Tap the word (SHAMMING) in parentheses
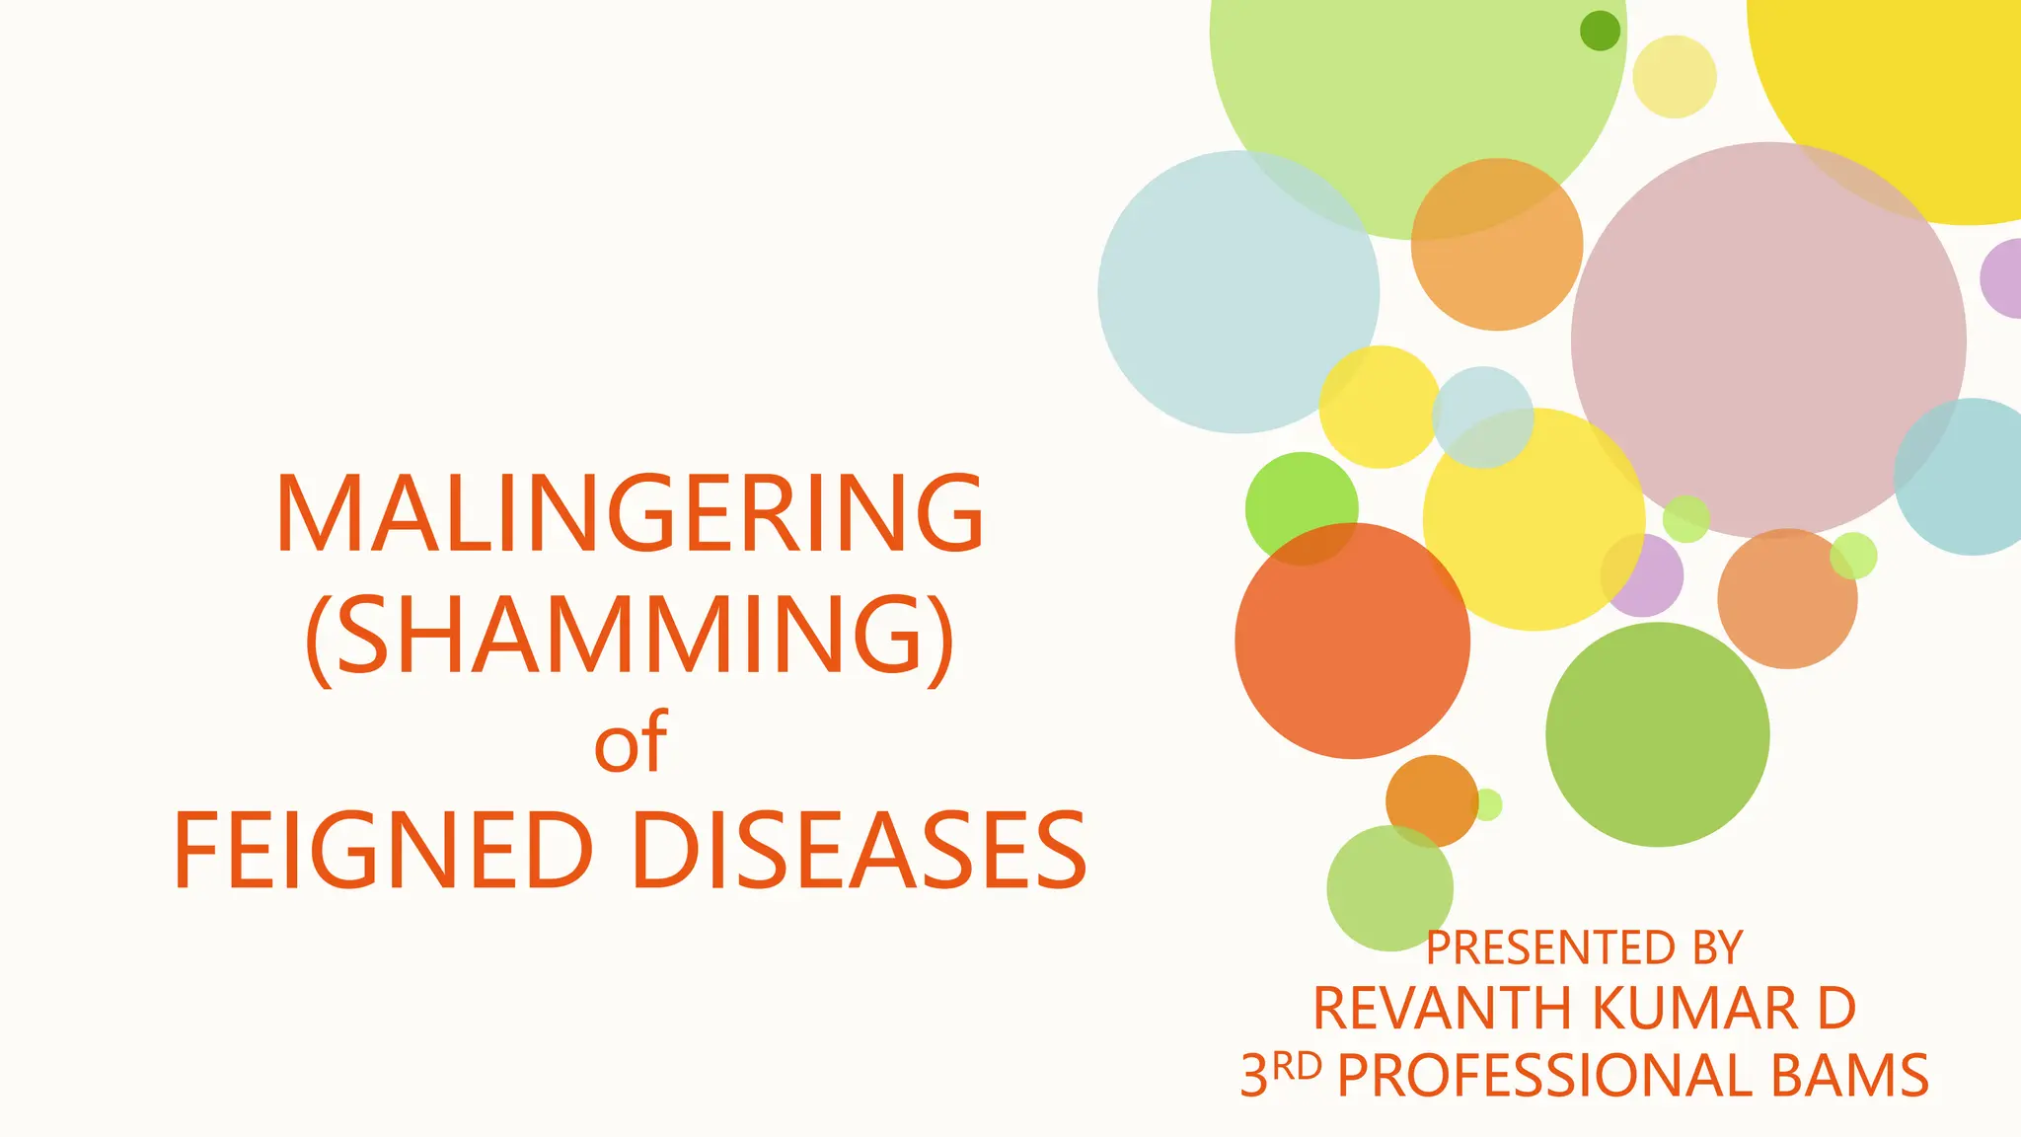(x=630, y=634)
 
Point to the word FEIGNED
(x=383, y=851)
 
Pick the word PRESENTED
(x=1550, y=947)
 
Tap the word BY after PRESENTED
(x=1717, y=947)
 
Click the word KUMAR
(x=1694, y=1009)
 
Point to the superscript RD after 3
(x=1296, y=1066)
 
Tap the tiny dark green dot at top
(x=1600, y=31)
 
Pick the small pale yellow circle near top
(x=1675, y=77)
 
